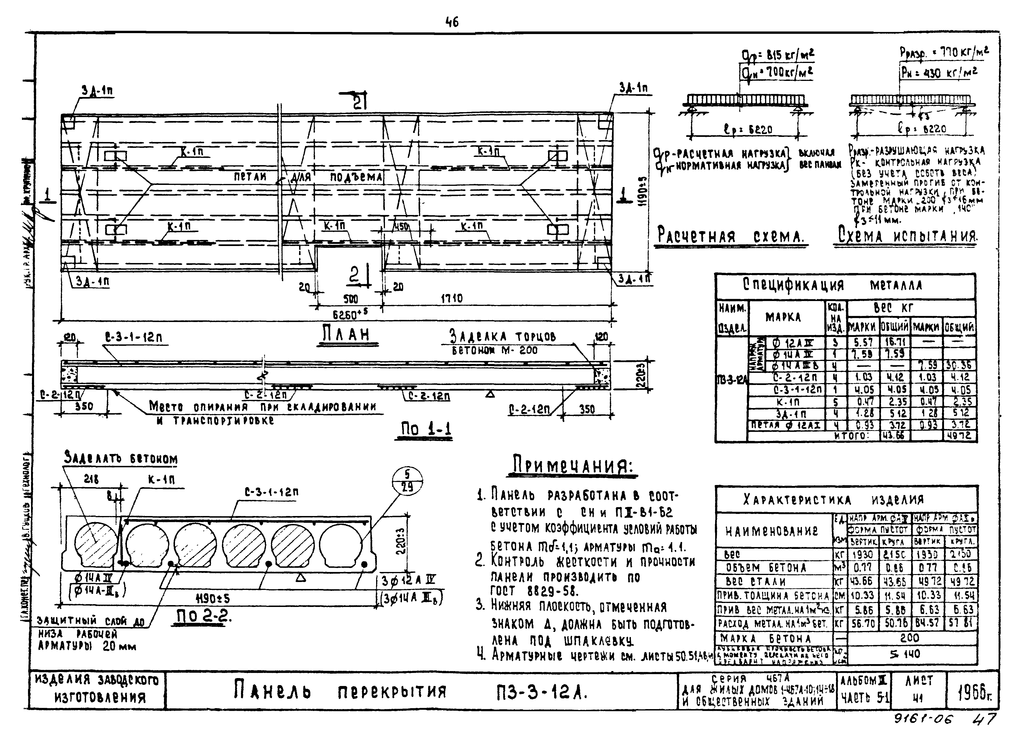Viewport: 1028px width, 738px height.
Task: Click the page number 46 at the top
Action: tap(452, 22)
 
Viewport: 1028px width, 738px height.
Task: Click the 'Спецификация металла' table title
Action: tap(845, 285)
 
